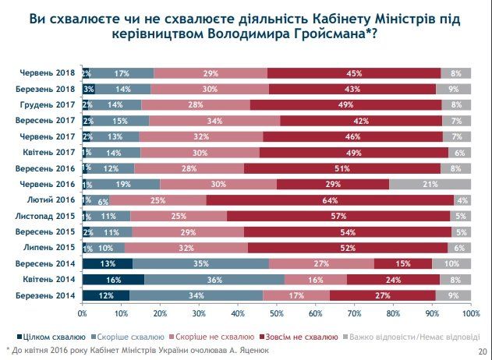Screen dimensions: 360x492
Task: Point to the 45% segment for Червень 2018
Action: click(x=354, y=73)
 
